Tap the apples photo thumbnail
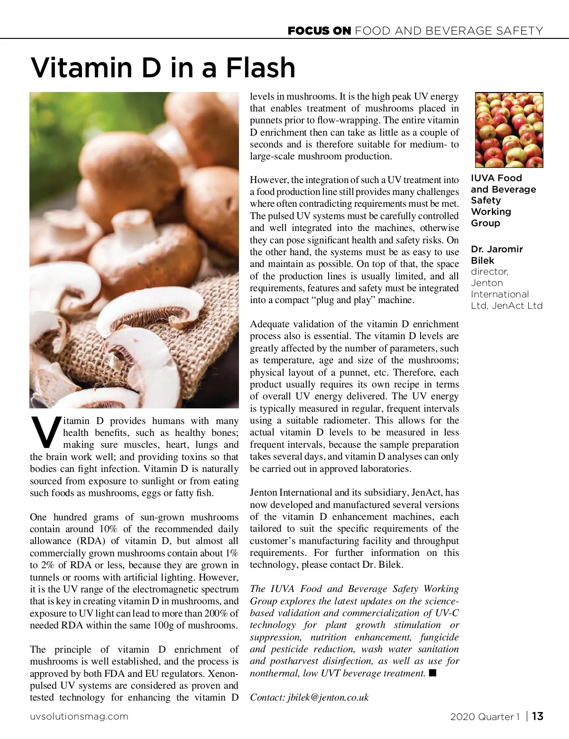(509, 130)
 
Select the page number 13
(537, 716)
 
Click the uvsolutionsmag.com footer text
(79, 716)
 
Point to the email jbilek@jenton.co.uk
(328, 697)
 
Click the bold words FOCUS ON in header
(319, 31)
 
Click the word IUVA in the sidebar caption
(482, 178)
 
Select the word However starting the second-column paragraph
(269, 180)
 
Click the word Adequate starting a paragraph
(269, 324)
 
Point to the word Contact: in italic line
(267, 697)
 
